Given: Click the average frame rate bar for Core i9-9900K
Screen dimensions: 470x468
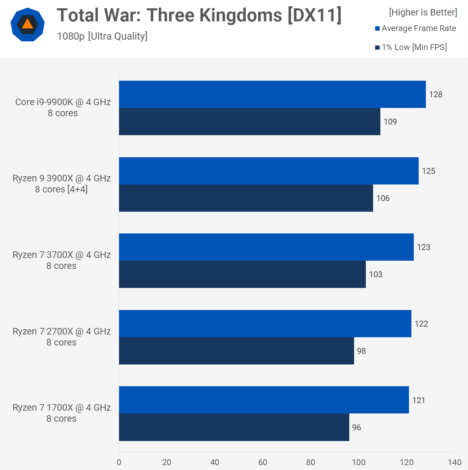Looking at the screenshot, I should click(x=272, y=94).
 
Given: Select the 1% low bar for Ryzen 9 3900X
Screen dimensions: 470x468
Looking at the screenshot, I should click(x=246, y=198).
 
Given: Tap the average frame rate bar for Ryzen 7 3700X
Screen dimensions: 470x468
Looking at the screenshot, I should click(x=266, y=247).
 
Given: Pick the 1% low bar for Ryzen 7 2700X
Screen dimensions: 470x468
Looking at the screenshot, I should click(x=236, y=351).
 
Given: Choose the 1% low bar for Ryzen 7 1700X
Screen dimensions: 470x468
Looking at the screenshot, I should click(x=234, y=427).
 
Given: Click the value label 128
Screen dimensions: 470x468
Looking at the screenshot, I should click(x=436, y=94).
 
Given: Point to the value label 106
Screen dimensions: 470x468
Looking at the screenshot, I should click(x=383, y=198).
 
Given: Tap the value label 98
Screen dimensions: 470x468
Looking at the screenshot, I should click(x=361, y=351).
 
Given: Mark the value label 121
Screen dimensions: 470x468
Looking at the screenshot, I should click(x=418, y=400).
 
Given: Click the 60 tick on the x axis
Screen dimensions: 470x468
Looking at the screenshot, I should click(x=263, y=462).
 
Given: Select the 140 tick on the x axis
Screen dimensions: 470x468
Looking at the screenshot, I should click(x=454, y=462).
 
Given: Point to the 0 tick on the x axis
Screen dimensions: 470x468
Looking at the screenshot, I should click(x=119, y=462).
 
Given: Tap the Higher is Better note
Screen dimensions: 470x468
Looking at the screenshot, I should click(x=423, y=12).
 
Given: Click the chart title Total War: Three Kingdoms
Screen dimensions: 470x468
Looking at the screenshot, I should click(x=199, y=16).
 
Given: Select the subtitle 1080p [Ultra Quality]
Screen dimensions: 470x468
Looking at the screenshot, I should click(x=102, y=36).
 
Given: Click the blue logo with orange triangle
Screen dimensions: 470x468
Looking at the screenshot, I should click(x=28, y=24).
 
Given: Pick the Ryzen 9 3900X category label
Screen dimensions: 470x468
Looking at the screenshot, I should click(x=61, y=184).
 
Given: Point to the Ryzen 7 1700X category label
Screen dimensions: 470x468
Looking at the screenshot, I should click(x=61, y=413).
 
